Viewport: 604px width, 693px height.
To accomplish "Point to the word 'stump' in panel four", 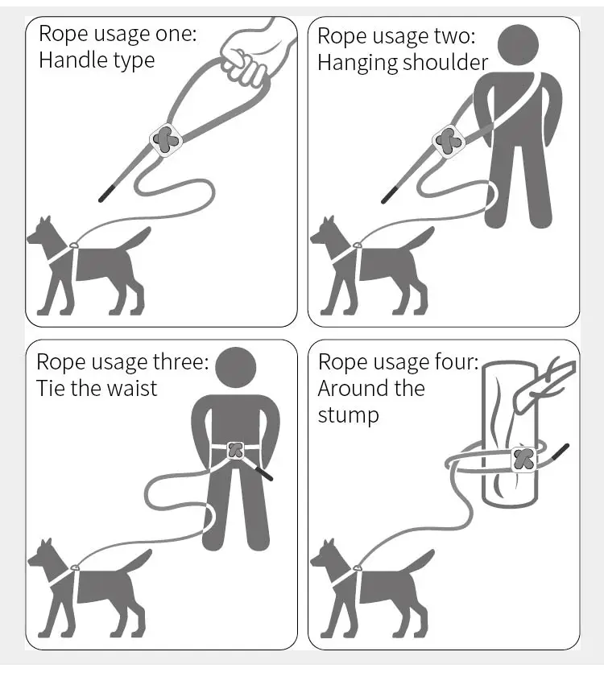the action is (x=349, y=416).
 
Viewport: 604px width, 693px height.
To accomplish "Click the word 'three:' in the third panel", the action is (x=180, y=361).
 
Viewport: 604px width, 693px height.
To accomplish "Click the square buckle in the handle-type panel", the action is (x=166, y=140).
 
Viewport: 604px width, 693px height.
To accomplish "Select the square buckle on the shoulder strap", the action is (x=449, y=142).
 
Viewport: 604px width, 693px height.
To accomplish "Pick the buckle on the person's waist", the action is (x=235, y=451).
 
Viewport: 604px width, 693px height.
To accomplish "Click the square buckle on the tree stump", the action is (x=524, y=460).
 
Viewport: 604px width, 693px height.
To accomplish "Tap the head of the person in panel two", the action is (x=518, y=44).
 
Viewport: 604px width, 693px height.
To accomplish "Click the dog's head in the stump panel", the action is (x=325, y=555).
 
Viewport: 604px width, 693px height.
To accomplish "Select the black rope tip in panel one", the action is (x=106, y=194).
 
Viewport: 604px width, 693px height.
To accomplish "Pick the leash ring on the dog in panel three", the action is (x=75, y=567).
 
